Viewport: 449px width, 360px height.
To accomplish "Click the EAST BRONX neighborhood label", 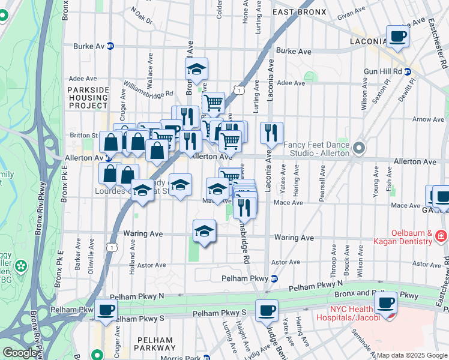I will point(300,11).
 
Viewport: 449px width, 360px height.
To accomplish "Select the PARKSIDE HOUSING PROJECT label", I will point(88,97).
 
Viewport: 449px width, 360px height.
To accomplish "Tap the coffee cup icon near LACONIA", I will point(397,37).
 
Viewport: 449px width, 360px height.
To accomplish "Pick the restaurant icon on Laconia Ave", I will point(272,133).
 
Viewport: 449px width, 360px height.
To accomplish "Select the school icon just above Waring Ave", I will point(204,231).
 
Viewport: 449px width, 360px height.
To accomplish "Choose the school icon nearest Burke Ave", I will point(196,69).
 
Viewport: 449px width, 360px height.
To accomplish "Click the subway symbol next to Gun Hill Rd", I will point(409,71).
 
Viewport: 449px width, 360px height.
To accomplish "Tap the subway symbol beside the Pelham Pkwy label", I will point(274,278).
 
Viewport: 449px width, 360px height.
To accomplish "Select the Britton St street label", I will point(83,135).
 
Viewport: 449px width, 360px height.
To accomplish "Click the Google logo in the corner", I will point(20,353).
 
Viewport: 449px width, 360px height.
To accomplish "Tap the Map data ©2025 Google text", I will point(411,355).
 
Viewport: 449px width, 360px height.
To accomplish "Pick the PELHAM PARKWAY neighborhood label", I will point(155,344).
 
